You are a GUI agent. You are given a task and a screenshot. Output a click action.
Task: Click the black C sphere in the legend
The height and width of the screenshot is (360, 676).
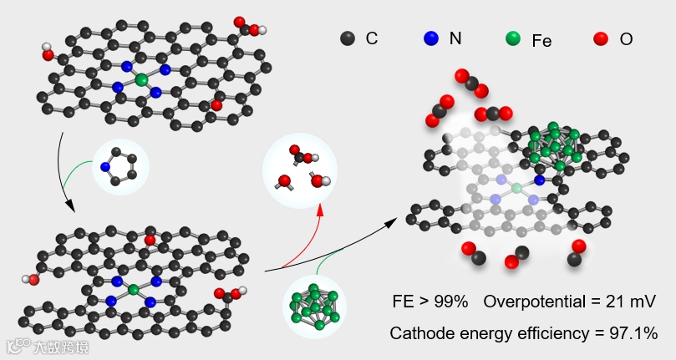[x=348, y=38]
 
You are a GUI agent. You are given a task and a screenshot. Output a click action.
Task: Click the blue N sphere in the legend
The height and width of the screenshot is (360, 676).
[x=431, y=38]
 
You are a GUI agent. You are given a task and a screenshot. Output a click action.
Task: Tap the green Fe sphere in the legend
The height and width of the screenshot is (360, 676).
[x=513, y=38]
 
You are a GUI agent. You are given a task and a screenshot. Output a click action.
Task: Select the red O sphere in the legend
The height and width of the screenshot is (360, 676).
[x=600, y=38]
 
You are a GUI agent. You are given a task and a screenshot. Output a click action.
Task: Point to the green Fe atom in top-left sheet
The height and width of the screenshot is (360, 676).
[x=140, y=79]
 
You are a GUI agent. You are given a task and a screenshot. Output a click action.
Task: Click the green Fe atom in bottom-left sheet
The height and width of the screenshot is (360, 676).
[x=133, y=290]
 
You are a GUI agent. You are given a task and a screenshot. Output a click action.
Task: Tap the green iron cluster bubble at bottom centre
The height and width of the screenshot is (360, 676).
[x=315, y=307]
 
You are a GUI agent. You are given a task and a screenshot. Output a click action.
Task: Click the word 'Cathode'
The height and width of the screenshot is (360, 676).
[x=420, y=333]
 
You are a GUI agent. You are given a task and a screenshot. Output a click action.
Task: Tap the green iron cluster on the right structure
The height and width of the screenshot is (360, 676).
[x=553, y=144]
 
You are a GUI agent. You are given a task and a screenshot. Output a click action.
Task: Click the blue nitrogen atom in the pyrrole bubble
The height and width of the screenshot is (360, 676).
[x=105, y=167]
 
